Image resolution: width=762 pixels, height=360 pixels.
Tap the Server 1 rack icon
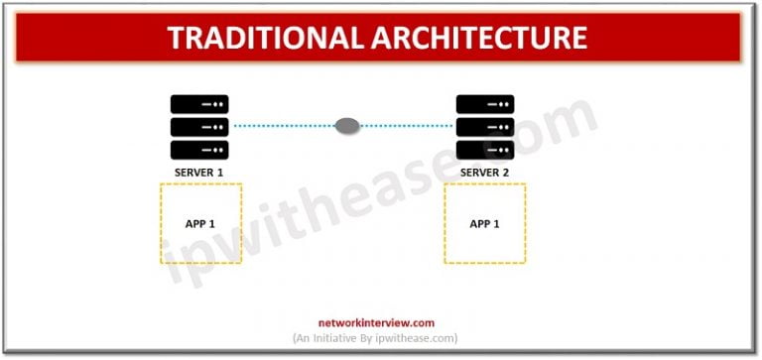coord(199,127)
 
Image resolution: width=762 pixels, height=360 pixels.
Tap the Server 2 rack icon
coord(485,127)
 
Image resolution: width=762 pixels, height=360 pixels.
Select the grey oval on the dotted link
coord(347,126)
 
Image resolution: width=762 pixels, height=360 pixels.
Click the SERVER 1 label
coord(199,174)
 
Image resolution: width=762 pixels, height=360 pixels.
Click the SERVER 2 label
coord(485,174)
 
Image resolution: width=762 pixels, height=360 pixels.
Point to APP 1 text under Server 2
coord(484,223)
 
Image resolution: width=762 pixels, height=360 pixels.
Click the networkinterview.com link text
coord(376,322)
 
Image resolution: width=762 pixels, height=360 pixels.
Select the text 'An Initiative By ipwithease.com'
coord(376,338)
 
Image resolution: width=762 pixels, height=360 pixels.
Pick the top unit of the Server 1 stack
coord(199,104)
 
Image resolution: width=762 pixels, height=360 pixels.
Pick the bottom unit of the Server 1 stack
coord(199,150)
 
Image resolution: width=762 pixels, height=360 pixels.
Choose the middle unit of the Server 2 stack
coord(485,127)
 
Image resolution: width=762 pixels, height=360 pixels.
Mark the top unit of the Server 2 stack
coord(485,104)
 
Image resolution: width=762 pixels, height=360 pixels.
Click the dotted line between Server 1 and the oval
coord(283,126)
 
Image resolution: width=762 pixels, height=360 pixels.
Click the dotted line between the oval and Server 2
coord(407,126)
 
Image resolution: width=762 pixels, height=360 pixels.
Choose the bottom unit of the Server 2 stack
coord(485,150)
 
